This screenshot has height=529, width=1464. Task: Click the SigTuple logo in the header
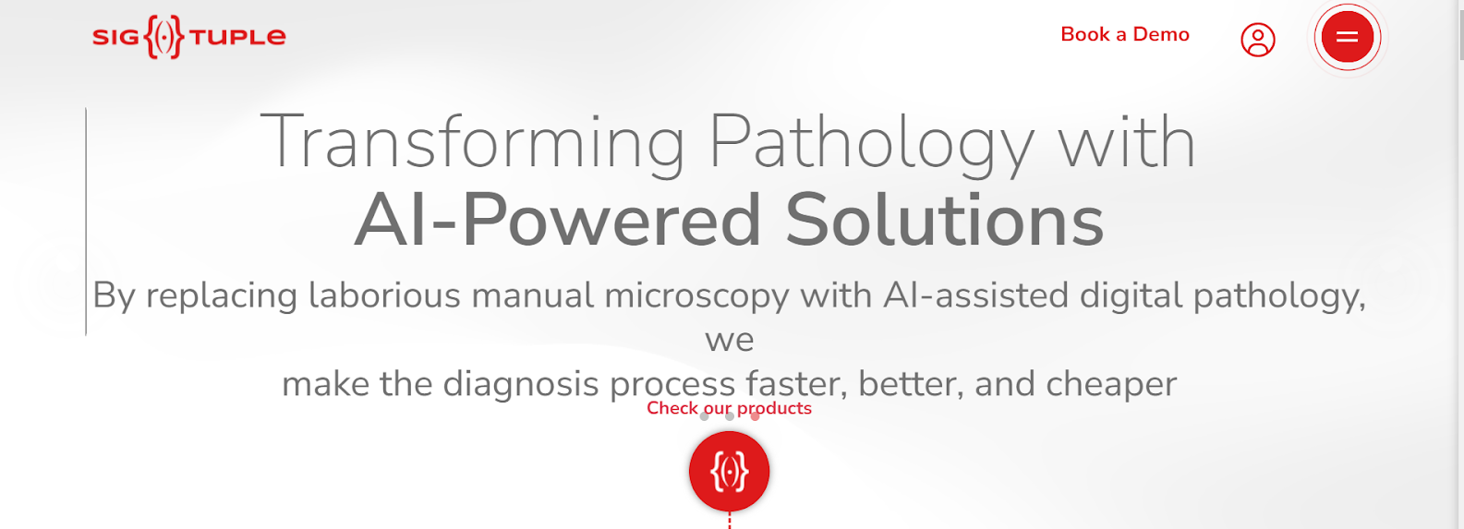188,37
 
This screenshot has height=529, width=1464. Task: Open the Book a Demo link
1125,34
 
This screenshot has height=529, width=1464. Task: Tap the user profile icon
1257,40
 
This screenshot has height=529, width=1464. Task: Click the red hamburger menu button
1347,37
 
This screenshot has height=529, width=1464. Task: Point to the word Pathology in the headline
872,142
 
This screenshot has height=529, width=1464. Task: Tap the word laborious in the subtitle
384,295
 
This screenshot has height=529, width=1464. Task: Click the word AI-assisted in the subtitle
975,295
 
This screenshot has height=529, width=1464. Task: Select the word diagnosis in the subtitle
521,384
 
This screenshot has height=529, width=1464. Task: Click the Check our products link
730,408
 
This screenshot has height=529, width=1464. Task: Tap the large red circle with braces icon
730,471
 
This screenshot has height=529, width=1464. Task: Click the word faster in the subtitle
797,384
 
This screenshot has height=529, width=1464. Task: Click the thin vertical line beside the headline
86,222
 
